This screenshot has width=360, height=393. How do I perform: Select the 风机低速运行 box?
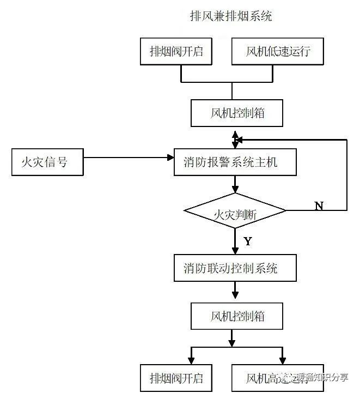click(x=278, y=52)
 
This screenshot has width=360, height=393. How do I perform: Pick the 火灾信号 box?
click(x=48, y=162)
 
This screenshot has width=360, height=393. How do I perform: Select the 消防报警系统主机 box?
click(x=235, y=162)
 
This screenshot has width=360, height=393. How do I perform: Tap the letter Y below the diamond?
click(x=248, y=240)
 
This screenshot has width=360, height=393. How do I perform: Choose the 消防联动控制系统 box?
click(x=235, y=268)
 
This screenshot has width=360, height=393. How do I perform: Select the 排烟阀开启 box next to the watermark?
click(x=176, y=377)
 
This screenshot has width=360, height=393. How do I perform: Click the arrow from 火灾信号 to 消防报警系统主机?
click(x=128, y=158)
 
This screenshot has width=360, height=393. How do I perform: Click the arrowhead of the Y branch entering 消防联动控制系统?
click(x=235, y=250)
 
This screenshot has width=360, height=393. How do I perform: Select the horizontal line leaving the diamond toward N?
click(x=316, y=210)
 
